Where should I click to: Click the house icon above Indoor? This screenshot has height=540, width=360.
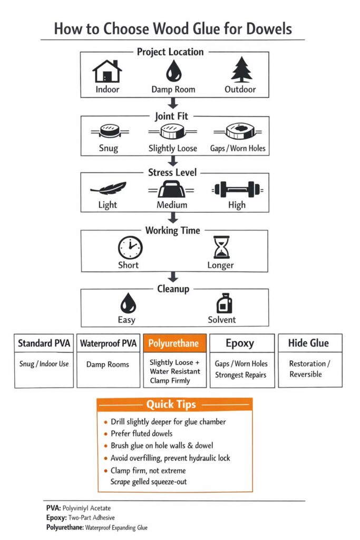click(107, 70)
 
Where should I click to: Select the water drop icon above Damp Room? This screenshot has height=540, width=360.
click(173, 71)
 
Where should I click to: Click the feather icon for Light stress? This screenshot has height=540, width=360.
click(108, 189)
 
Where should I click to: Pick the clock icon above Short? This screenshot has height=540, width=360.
click(130, 247)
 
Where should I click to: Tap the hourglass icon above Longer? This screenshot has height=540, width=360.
click(220, 247)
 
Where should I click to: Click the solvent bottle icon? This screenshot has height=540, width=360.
click(221, 304)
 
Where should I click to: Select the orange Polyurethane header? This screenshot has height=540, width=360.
click(174, 343)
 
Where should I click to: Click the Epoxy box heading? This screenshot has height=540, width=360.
click(240, 343)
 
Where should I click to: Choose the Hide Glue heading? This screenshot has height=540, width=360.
click(308, 343)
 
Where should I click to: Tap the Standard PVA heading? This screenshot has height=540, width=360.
click(44, 343)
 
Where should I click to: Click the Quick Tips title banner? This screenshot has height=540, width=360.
click(174, 404)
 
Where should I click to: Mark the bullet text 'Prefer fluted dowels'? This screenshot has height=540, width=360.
click(141, 433)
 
